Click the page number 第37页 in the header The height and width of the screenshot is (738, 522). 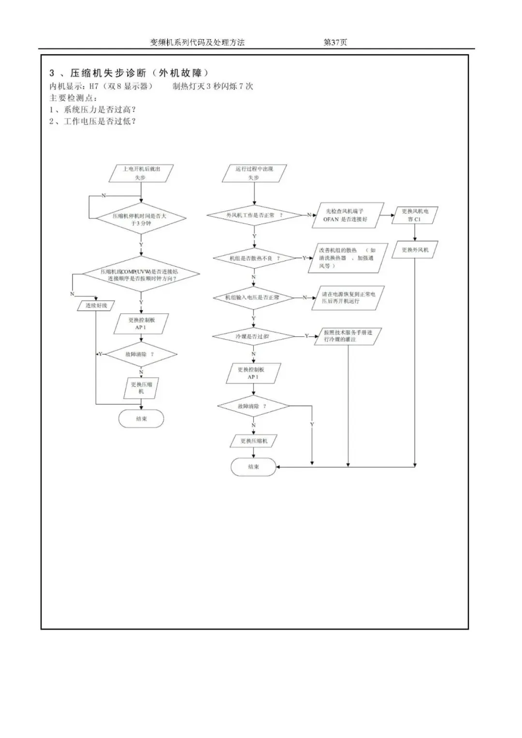(x=335, y=43)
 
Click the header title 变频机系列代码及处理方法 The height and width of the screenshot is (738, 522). (x=197, y=43)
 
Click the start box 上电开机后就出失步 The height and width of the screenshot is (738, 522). (x=141, y=173)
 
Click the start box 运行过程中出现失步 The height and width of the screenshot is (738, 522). (x=254, y=173)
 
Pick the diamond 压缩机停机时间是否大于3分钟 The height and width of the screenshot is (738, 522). (x=141, y=219)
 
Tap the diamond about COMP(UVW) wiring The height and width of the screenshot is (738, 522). (x=141, y=275)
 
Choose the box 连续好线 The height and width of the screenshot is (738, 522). (x=96, y=305)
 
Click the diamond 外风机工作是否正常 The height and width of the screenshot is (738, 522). (x=254, y=215)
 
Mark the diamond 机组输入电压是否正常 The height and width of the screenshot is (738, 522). (x=253, y=297)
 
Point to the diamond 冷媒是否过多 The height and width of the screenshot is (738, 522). (x=253, y=336)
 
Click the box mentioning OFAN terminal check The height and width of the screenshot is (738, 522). (x=347, y=215)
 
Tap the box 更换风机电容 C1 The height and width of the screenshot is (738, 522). (x=415, y=215)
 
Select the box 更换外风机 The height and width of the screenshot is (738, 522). (x=415, y=250)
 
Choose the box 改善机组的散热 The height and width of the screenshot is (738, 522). (x=347, y=258)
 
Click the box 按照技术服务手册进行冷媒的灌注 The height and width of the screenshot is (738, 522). (x=347, y=336)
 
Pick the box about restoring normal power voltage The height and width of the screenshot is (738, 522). (x=347, y=297)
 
